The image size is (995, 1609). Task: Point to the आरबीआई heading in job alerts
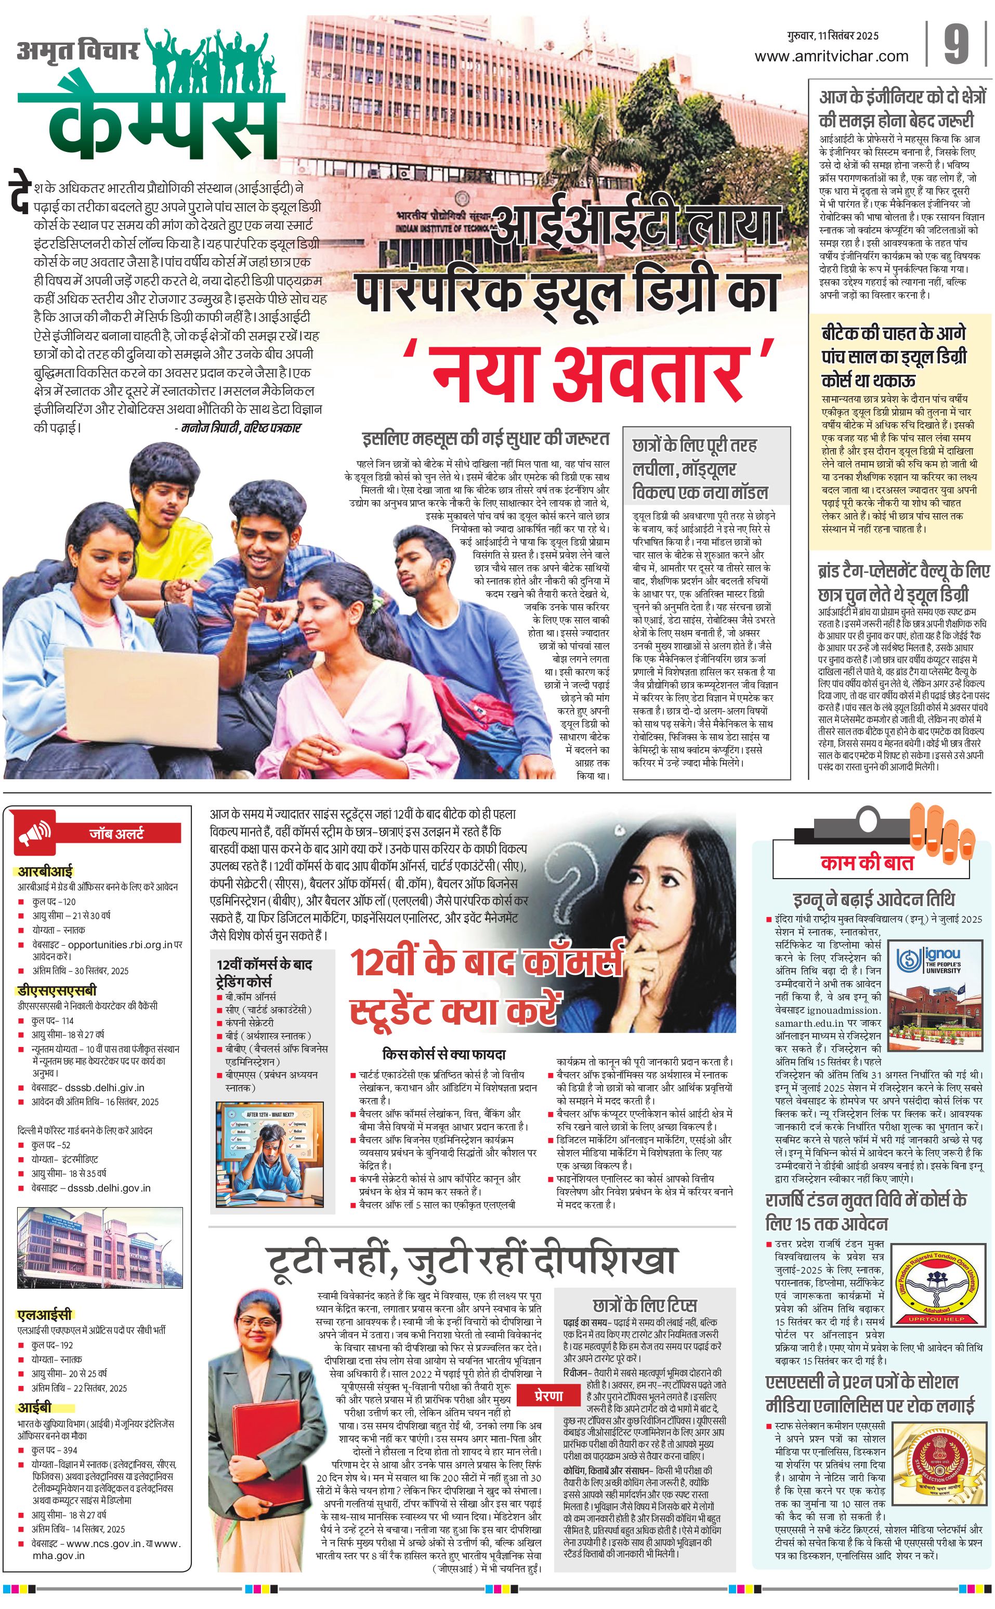click(45, 871)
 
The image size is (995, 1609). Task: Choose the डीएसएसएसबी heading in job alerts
click(57, 990)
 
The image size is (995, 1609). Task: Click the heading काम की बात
click(867, 863)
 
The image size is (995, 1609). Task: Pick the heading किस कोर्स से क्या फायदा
click(443, 1054)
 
